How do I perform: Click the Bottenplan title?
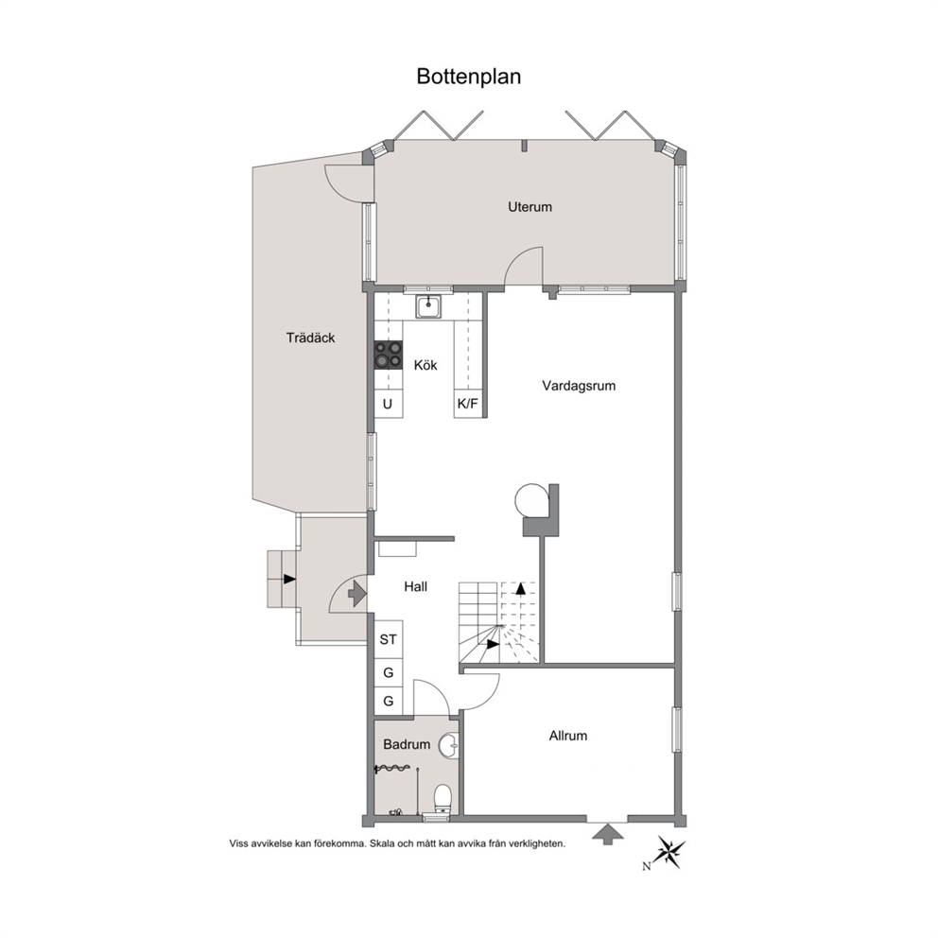tap(468, 77)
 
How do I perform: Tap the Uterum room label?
tap(530, 207)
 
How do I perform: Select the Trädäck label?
tap(310, 338)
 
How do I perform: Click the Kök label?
tap(426, 365)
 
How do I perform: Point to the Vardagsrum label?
tap(579, 386)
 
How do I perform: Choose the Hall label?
tap(416, 587)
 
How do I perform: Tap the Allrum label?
tap(567, 736)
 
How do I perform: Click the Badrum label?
tap(407, 745)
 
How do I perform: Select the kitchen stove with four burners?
tap(389, 355)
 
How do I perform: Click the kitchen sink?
tap(428, 307)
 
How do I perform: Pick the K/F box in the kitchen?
tap(468, 404)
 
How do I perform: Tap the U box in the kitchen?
tap(389, 404)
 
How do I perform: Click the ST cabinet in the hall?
tap(389, 639)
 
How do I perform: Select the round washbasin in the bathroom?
tap(448, 745)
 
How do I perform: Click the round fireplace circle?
tap(531, 499)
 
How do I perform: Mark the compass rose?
tap(669, 851)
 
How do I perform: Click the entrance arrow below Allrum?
tap(607, 834)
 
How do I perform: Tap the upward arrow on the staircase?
tap(520, 588)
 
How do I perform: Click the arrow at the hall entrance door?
tap(357, 593)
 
